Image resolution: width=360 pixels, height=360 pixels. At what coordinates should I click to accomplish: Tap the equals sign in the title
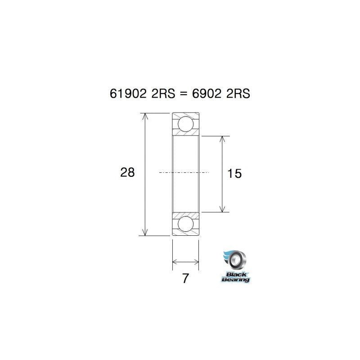(183, 94)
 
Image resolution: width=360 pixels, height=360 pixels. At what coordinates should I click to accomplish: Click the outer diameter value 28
(127, 172)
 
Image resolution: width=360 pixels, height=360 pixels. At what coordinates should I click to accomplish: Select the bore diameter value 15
(235, 173)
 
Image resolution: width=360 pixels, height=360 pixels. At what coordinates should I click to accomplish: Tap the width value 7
(185, 279)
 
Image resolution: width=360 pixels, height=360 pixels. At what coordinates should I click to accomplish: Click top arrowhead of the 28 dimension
(144, 117)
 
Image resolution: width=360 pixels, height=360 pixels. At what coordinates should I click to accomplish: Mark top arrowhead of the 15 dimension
(222, 139)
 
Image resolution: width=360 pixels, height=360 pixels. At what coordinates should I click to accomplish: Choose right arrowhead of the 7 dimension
(196, 261)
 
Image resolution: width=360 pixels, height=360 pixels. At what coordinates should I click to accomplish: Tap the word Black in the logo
(235, 274)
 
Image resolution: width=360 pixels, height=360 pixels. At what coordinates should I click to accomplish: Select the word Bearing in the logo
(235, 279)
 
